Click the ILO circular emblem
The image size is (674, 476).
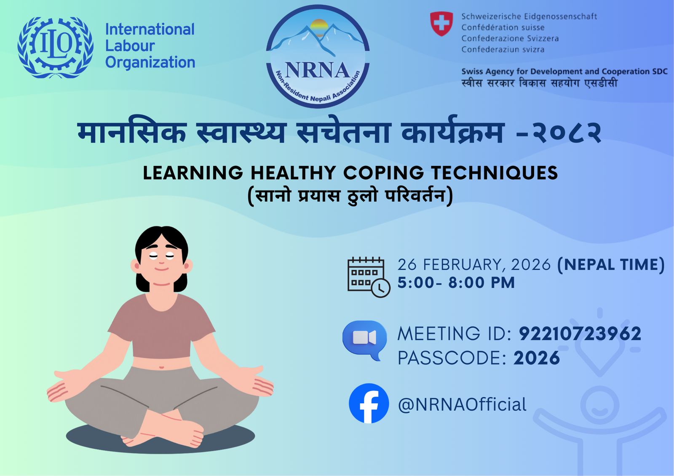pos(55,47)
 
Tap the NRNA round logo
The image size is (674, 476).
pos(318,56)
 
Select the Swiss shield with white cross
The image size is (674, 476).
pos(441,24)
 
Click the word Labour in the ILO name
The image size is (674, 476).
pos(130,46)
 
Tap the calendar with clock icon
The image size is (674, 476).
pos(368,277)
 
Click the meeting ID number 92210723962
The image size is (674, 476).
pos(580,334)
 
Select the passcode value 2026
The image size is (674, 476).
pos(537,358)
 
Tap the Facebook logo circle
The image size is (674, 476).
pos(369,403)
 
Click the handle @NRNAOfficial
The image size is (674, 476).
pos(462,404)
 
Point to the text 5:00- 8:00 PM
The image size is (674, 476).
pos(456,283)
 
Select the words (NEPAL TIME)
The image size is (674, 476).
pos(611,265)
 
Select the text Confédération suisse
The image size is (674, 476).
pos(503,27)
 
